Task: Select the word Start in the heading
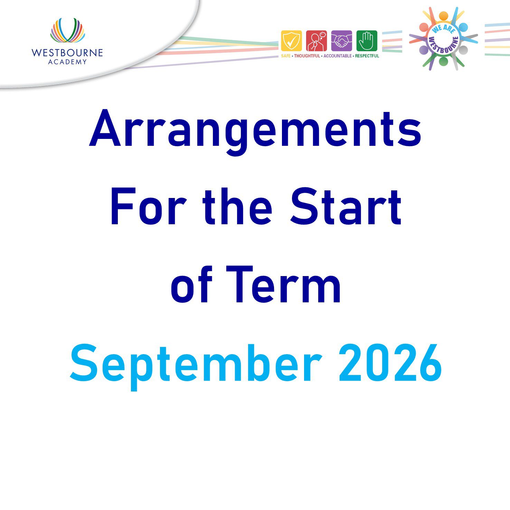[x=346, y=207]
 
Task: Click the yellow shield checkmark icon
[x=291, y=41]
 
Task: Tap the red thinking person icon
[x=317, y=41]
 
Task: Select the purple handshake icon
[x=342, y=41]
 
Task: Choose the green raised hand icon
[x=367, y=41]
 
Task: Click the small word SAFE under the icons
[x=286, y=56]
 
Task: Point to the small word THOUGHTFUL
[x=307, y=56]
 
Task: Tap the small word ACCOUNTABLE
[x=338, y=56]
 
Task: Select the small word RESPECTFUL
[x=367, y=56]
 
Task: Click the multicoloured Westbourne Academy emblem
[x=67, y=30]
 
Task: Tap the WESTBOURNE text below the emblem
[x=67, y=53]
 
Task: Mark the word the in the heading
[x=237, y=207]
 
